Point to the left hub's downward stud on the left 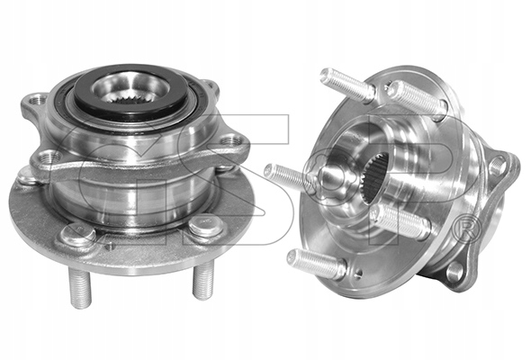[x=80, y=287]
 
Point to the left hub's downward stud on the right [x=203, y=282]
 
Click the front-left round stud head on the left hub [x=78, y=234]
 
